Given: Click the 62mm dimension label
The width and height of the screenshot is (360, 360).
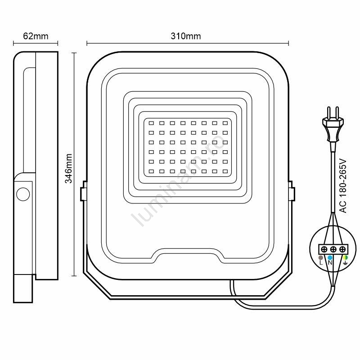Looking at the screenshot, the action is [36, 36].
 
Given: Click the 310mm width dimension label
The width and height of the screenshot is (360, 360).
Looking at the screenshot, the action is [186, 36].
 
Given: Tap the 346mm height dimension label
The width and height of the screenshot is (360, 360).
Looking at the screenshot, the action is [68, 168].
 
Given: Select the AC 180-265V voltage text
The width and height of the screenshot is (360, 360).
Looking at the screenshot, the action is [343, 186].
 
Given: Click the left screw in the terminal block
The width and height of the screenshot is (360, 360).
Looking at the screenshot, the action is [324, 249].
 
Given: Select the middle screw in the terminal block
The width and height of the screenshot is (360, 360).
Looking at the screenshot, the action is [333, 249].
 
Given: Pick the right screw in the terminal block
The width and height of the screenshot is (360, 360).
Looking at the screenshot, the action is [342, 249].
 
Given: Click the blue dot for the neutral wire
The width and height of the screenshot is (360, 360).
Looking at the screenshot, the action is [330, 257].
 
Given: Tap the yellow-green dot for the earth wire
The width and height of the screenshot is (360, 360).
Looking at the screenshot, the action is [345, 257].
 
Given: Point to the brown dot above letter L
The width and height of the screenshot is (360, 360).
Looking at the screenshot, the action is [321, 257].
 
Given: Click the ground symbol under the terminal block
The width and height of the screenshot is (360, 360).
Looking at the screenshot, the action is [345, 263].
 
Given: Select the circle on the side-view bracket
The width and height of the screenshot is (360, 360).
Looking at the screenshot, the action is [23, 194].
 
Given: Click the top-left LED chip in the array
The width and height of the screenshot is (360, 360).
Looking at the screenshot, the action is [151, 123].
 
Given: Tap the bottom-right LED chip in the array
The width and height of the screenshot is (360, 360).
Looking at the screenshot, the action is [225, 171].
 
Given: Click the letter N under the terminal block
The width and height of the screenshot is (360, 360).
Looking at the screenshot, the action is [330, 263].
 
